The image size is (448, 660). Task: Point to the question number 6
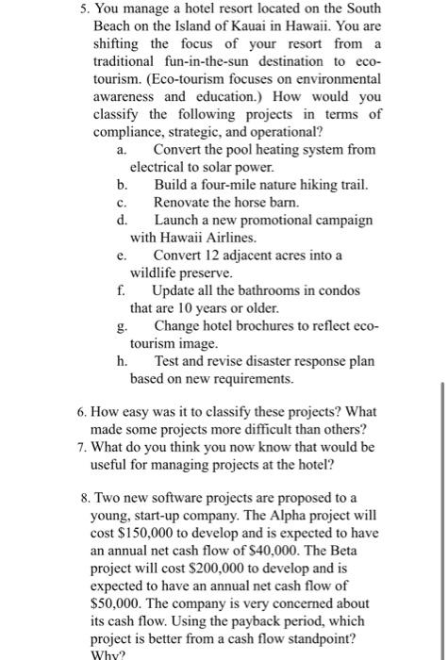click(78, 413)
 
